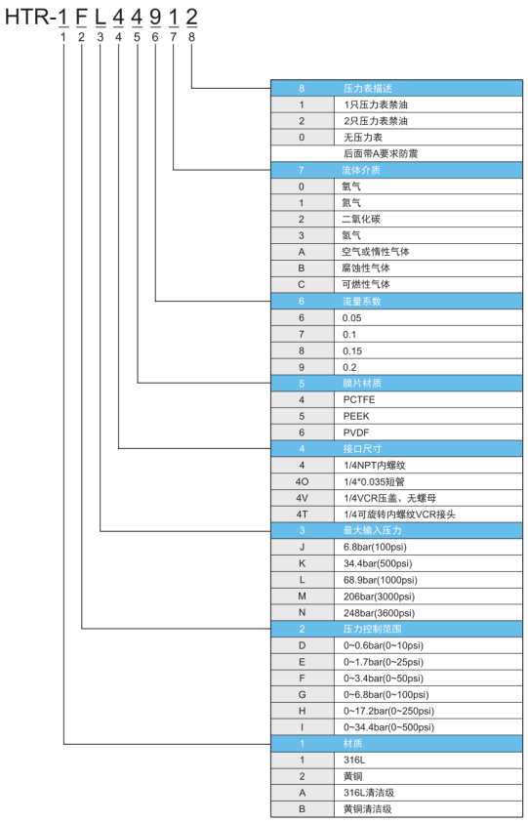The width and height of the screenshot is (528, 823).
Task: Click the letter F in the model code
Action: tap(81, 18)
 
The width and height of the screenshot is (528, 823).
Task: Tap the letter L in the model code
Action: tap(100, 18)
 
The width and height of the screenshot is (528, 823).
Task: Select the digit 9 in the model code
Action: tap(155, 18)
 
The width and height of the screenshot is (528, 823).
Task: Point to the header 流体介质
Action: tap(361, 170)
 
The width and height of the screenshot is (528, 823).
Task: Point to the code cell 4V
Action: tap(302, 498)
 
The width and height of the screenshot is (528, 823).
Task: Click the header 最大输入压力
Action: tap(372, 531)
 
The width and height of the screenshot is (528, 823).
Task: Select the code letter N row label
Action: tap(302, 612)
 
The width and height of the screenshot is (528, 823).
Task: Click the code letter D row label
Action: tap(302, 645)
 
